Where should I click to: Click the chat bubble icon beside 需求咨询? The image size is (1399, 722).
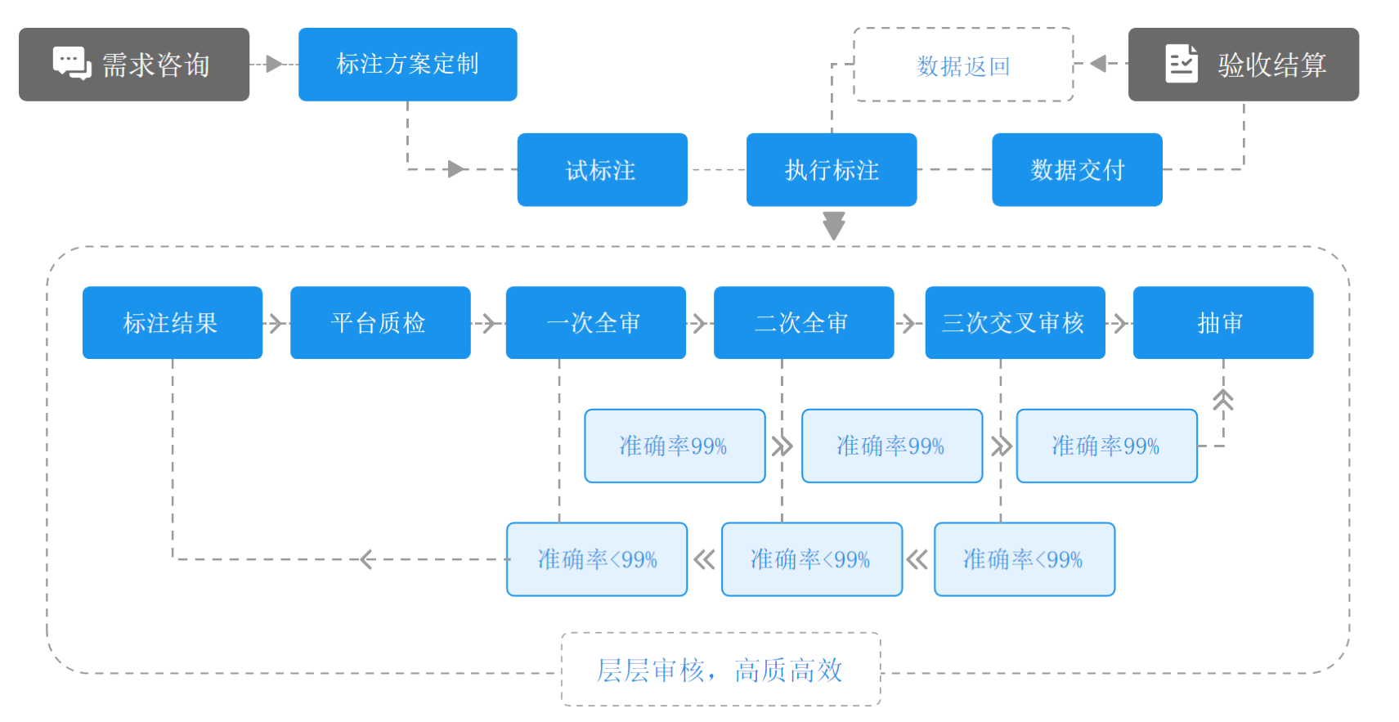coord(72,63)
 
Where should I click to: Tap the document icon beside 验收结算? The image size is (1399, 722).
coord(1181,64)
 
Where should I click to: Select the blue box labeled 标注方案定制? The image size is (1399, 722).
coord(407,64)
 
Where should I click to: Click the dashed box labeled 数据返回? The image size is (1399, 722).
coord(963,65)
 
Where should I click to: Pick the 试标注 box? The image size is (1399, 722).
coord(602,170)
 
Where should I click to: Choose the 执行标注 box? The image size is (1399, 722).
coord(832,170)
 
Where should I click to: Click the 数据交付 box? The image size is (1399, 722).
coord(1077,170)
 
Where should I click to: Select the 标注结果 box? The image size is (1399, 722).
coord(172,323)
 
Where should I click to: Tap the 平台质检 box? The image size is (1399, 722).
coord(380,323)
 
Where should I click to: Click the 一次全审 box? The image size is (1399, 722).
coord(595,323)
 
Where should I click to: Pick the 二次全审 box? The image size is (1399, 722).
coord(803,323)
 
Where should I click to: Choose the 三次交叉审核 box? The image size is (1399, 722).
coord(1015,323)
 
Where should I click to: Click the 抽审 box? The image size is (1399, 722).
coord(1222,323)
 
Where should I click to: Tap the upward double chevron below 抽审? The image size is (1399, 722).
coord(1223,400)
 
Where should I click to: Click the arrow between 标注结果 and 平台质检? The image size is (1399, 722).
coord(276,324)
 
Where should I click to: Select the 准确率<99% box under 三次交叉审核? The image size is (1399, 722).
coord(1024,559)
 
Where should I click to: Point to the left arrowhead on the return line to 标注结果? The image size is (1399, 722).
coord(366,559)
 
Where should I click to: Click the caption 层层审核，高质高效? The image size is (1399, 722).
coord(720,670)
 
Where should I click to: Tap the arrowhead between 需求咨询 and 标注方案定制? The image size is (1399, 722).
coord(274,64)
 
